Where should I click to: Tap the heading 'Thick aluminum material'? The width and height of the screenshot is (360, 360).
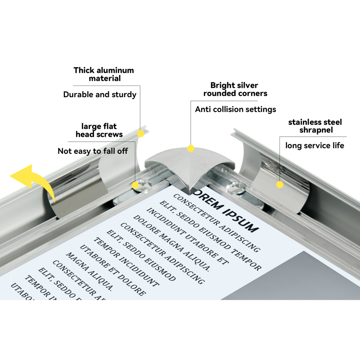click(x=104, y=74)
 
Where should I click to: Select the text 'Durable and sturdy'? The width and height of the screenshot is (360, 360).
click(x=99, y=94)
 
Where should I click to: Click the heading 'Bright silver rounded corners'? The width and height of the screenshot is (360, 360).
click(x=235, y=89)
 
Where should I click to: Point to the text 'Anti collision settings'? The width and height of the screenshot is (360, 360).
click(x=235, y=109)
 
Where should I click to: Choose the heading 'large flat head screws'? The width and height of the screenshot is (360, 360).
click(x=99, y=130)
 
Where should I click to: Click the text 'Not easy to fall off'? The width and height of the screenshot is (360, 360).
click(x=93, y=151)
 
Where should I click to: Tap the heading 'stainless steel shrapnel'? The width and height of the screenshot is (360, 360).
click(x=315, y=126)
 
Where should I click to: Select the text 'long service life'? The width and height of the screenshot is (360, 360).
click(x=315, y=145)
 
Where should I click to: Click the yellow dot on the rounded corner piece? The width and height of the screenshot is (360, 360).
click(x=191, y=148)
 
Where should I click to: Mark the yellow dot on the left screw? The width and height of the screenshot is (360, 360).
click(x=135, y=185)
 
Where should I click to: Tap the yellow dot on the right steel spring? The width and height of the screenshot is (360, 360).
click(x=279, y=184)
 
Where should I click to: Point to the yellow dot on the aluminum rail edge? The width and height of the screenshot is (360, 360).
click(x=140, y=134)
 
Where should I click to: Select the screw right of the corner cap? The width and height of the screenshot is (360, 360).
click(x=235, y=185)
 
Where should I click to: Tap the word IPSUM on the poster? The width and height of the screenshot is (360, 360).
click(x=242, y=219)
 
